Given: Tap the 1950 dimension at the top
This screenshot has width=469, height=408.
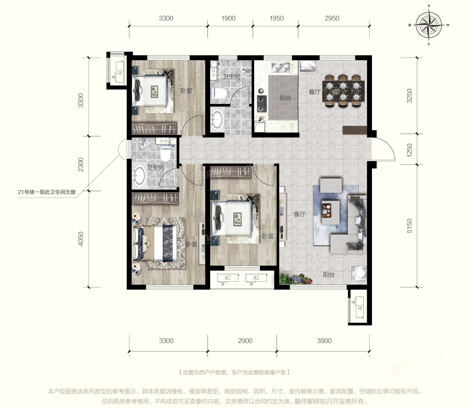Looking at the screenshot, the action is (277, 18).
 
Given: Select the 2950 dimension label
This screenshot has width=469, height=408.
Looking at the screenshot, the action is (332, 18).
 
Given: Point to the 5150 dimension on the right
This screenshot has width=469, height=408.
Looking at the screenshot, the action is (409, 226).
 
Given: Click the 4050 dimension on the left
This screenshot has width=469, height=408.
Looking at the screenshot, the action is (81, 239).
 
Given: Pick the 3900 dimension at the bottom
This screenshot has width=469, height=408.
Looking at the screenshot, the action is (324, 341).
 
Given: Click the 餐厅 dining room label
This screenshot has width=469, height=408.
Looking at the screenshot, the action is (314, 92).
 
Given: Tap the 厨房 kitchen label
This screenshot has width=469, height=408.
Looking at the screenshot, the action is (285, 98).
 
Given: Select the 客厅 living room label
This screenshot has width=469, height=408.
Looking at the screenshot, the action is (299, 214).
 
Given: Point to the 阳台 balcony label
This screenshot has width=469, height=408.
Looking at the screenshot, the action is (329, 275).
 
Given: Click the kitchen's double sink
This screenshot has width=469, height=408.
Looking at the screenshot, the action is (280, 67).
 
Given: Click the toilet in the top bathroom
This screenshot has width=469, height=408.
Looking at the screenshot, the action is (219, 93).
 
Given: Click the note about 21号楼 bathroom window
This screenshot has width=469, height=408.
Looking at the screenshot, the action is (47, 192).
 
